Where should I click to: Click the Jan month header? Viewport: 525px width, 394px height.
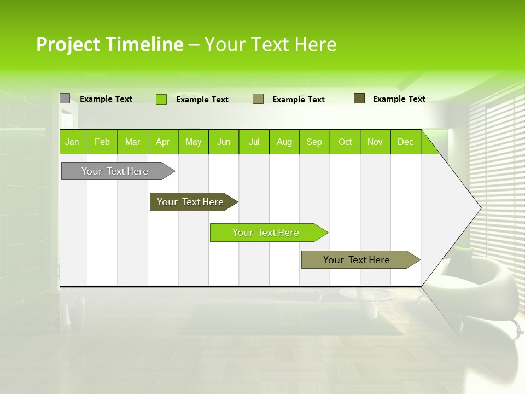pyautogui.click(x=72, y=142)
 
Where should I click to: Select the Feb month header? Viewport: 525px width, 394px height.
pyautogui.click(x=102, y=142)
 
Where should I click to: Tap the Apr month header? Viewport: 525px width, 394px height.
pyautogui.click(x=162, y=142)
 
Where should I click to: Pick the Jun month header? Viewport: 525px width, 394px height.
pyautogui.click(x=224, y=142)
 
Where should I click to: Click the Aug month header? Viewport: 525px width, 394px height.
pyautogui.click(x=284, y=142)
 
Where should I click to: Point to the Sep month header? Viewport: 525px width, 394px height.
pyautogui.click(x=314, y=142)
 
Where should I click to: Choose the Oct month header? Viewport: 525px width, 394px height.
pyautogui.click(x=345, y=142)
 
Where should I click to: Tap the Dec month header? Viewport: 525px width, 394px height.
pyautogui.click(x=405, y=142)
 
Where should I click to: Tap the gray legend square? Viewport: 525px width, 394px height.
pyautogui.click(x=65, y=99)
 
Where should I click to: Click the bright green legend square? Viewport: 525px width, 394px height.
pyautogui.click(x=161, y=99)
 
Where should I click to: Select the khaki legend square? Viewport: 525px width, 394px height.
pyautogui.click(x=258, y=99)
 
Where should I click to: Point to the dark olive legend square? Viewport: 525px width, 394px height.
pyautogui.click(x=359, y=99)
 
